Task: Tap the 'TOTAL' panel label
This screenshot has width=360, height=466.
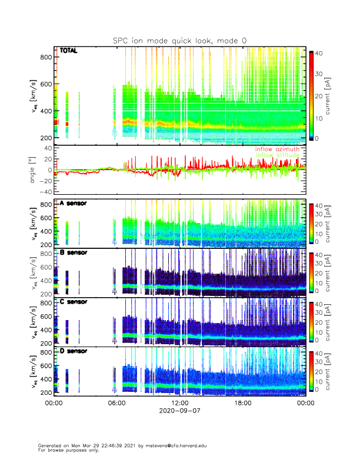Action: click(69, 51)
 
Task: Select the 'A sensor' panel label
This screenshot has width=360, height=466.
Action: click(74, 204)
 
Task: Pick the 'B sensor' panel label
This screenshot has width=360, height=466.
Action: click(74, 253)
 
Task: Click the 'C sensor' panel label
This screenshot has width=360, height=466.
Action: click(74, 302)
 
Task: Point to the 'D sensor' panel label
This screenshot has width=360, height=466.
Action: click(74, 351)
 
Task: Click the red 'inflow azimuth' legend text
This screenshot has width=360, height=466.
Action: click(276, 149)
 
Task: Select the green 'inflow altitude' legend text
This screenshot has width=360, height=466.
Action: click(276, 155)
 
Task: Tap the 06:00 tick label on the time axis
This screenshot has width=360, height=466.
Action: click(117, 403)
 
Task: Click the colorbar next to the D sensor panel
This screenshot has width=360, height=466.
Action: click(311, 370)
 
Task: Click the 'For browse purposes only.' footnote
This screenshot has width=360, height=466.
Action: click(66, 450)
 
